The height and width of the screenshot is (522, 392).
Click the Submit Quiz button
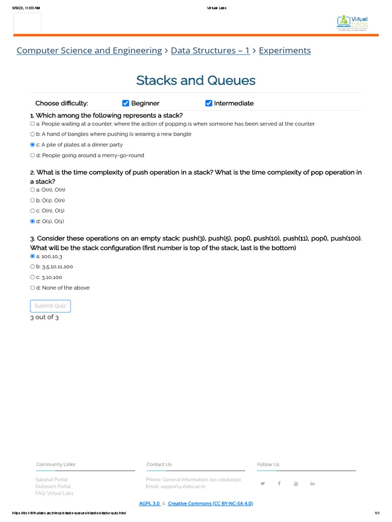click(51, 306)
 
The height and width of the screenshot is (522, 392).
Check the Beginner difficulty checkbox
click(126, 103)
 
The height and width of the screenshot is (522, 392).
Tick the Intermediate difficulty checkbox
click(208, 103)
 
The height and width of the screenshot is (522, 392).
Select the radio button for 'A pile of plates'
click(33, 145)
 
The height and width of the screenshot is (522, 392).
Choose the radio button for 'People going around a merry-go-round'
click(33, 155)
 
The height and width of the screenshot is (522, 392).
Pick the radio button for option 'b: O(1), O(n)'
click(33, 200)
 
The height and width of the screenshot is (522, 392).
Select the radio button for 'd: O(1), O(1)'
click(33, 221)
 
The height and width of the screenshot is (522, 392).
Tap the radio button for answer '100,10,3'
click(33, 256)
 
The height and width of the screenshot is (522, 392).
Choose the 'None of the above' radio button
click(33, 288)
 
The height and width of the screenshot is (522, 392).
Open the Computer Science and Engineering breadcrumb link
click(89, 50)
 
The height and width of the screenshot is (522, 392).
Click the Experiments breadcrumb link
click(285, 50)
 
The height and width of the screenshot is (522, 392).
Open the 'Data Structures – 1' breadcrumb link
click(210, 50)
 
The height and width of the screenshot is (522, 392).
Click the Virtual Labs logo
click(353, 22)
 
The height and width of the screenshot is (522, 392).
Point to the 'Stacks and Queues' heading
click(196, 81)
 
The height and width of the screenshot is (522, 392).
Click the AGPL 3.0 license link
click(150, 504)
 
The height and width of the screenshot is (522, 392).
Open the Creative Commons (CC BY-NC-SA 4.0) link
click(210, 504)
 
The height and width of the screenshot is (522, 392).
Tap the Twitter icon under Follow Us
click(263, 483)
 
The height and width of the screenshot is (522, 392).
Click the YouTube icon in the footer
click(296, 483)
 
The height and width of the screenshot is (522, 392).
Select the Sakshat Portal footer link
click(52, 480)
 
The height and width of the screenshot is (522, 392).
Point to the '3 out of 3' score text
click(44, 317)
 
